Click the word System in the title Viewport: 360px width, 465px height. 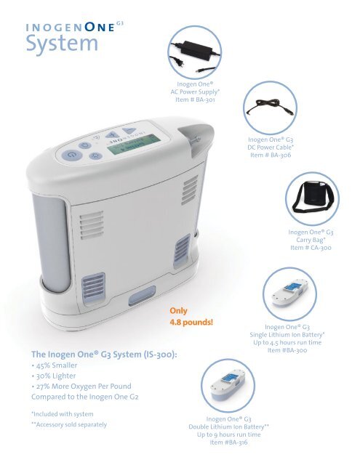pos(63,45)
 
